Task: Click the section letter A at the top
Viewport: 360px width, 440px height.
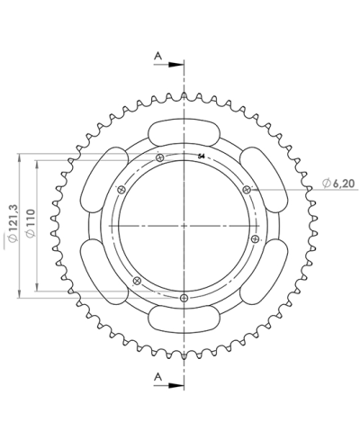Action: point(157,56)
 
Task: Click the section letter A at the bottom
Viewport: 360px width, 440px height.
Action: point(157,375)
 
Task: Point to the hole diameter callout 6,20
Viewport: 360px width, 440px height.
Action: point(342,184)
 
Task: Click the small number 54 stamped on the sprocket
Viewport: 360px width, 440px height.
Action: point(201,156)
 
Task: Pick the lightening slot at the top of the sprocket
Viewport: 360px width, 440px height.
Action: point(184,131)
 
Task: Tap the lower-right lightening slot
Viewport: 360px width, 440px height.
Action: point(264,269)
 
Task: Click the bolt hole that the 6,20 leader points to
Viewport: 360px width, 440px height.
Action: point(245,188)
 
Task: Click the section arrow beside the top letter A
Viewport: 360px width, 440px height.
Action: point(173,63)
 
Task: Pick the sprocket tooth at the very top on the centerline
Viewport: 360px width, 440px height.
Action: point(184,94)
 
